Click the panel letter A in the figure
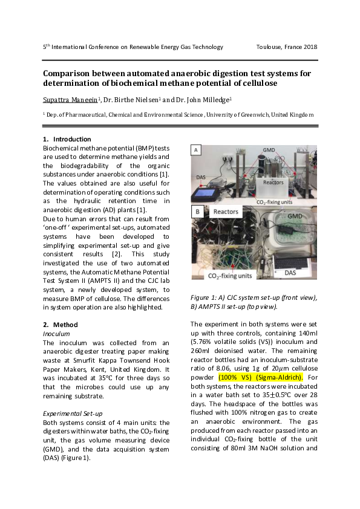click(196, 149)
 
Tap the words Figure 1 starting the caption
click(204, 297)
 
